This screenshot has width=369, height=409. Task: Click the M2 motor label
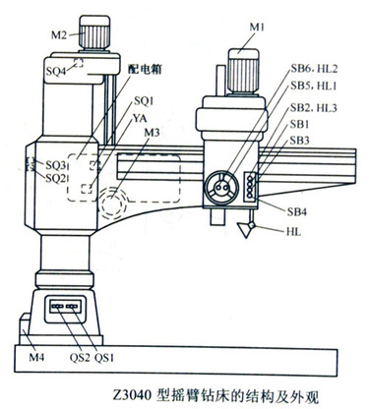(x=59, y=34)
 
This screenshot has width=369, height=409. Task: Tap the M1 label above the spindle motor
(x=257, y=28)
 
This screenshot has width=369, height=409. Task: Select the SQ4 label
(x=56, y=71)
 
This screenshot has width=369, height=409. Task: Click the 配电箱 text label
(x=146, y=69)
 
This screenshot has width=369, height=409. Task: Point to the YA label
(x=140, y=118)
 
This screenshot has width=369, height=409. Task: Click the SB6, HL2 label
(x=314, y=69)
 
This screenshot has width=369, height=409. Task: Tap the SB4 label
(x=297, y=211)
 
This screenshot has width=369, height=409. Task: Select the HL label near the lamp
(x=293, y=232)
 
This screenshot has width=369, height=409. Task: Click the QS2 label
(x=80, y=357)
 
